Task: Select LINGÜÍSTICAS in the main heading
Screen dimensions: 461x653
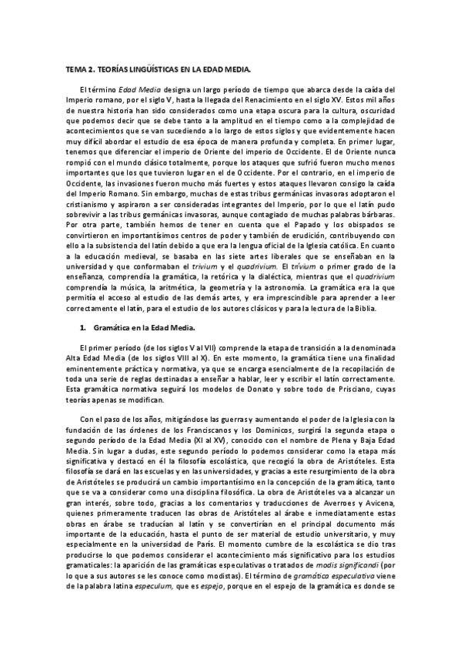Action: (x=148, y=69)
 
